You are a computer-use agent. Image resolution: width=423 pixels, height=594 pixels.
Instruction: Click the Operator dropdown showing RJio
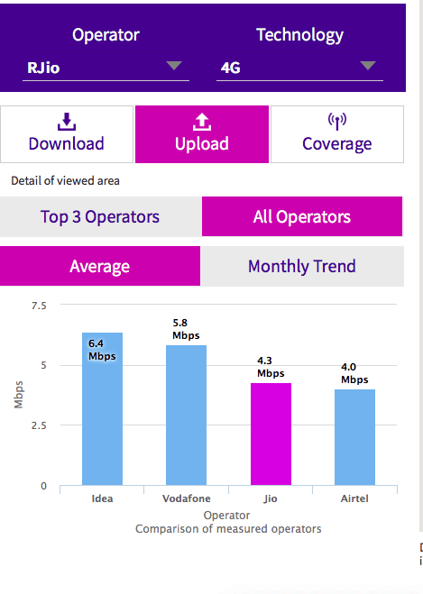point(106,67)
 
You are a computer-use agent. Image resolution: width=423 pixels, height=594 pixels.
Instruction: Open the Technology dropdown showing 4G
point(298,67)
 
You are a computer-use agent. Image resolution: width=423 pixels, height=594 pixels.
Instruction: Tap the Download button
point(66,133)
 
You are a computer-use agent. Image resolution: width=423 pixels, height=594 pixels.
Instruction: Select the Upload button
point(202,133)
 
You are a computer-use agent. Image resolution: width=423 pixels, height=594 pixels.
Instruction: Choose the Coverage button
point(336,133)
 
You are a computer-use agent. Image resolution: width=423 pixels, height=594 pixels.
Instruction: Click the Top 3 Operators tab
point(100,216)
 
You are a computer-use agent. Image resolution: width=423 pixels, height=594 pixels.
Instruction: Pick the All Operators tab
point(302,216)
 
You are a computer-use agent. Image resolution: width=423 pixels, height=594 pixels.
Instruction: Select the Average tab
point(100,266)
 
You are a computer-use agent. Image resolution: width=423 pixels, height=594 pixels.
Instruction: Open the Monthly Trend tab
point(301,266)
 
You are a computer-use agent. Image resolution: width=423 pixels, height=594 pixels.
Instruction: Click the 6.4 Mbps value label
point(101,350)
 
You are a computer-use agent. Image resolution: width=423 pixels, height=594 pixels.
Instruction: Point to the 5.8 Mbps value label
point(186,329)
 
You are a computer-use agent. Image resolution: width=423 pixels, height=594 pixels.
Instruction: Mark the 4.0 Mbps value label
point(354,373)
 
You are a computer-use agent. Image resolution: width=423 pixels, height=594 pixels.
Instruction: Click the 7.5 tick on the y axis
point(38,306)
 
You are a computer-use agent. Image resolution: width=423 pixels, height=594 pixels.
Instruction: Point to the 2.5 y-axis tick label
point(38,425)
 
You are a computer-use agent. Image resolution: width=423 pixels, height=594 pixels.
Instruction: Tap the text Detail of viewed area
point(65,180)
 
